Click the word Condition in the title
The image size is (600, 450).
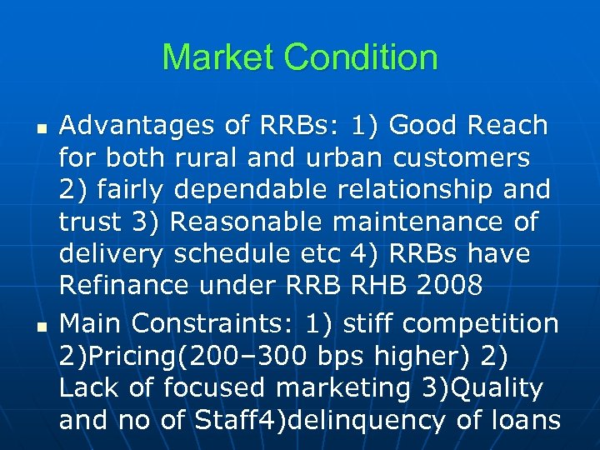361,57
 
